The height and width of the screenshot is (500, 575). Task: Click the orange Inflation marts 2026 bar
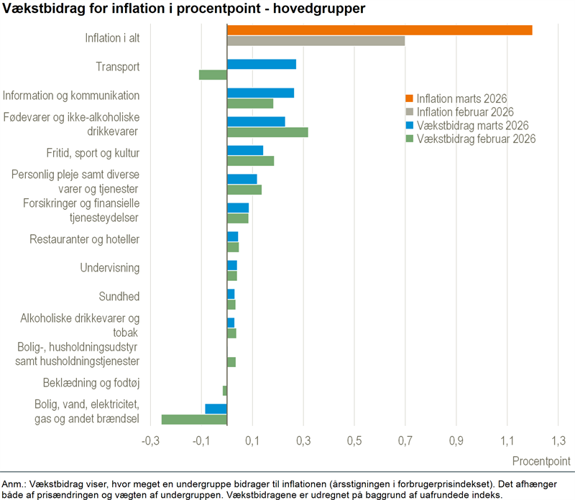tap(379, 30)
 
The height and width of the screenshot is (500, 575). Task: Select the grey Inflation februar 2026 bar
tap(316, 41)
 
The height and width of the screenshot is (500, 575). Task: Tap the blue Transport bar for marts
tap(262, 64)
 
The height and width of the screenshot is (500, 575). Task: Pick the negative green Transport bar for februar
tap(213, 75)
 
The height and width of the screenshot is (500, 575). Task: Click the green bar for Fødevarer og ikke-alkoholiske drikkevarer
tap(267, 132)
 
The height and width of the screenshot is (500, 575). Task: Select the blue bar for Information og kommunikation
tap(260, 93)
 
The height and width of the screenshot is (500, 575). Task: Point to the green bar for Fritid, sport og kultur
tap(250, 161)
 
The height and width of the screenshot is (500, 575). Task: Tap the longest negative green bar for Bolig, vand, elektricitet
tap(194, 420)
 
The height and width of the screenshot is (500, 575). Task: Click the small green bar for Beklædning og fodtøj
tap(225, 391)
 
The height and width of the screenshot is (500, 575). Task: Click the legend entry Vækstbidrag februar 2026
tap(475, 139)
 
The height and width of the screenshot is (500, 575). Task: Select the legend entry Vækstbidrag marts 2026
tap(471, 125)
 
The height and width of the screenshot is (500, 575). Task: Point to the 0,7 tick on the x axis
tap(405, 440)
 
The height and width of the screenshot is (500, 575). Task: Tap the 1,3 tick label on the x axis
tap(558, 440)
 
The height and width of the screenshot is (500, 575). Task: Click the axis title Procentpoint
tap(542, 460)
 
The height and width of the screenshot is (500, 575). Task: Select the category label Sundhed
tap(119, 297)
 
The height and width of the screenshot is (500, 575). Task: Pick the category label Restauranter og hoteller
tap(84, 239)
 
